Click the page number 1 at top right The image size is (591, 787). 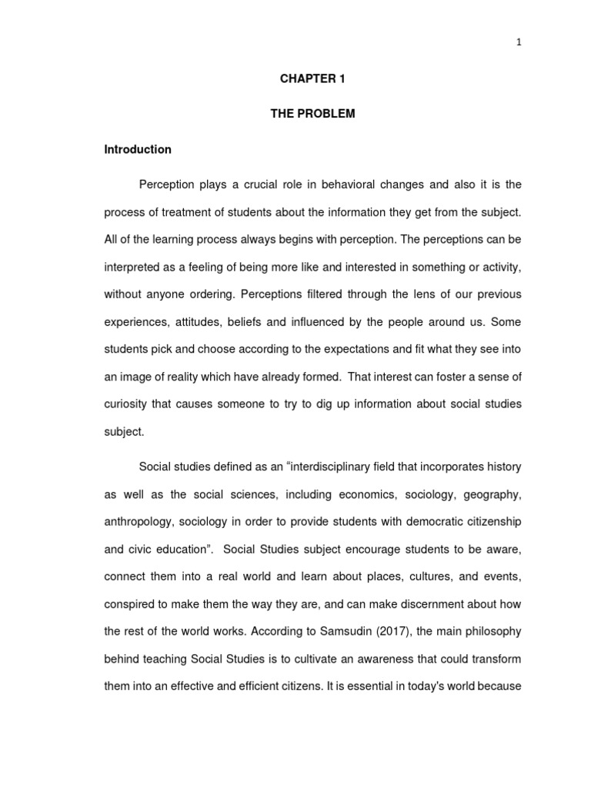click(x=519, y=42)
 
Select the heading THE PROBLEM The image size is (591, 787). click(x=312, y=114)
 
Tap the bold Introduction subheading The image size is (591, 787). click(x=138, y=149)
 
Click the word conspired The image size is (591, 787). click(x=129, y=604)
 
